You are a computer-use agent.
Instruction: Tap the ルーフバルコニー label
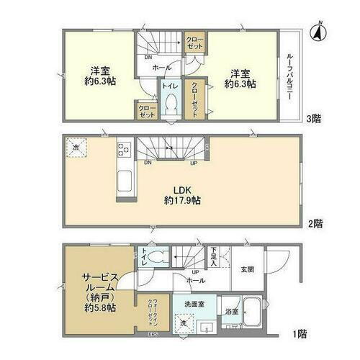coord(289,77)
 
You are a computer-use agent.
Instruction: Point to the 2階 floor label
coord(315,224)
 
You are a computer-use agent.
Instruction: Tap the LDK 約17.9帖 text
coord(181,196)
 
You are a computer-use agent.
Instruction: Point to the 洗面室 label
coord(194,304)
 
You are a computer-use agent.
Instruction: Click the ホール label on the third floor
coord(163,67)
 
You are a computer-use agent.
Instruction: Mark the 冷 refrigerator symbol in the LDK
coord(76,148)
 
